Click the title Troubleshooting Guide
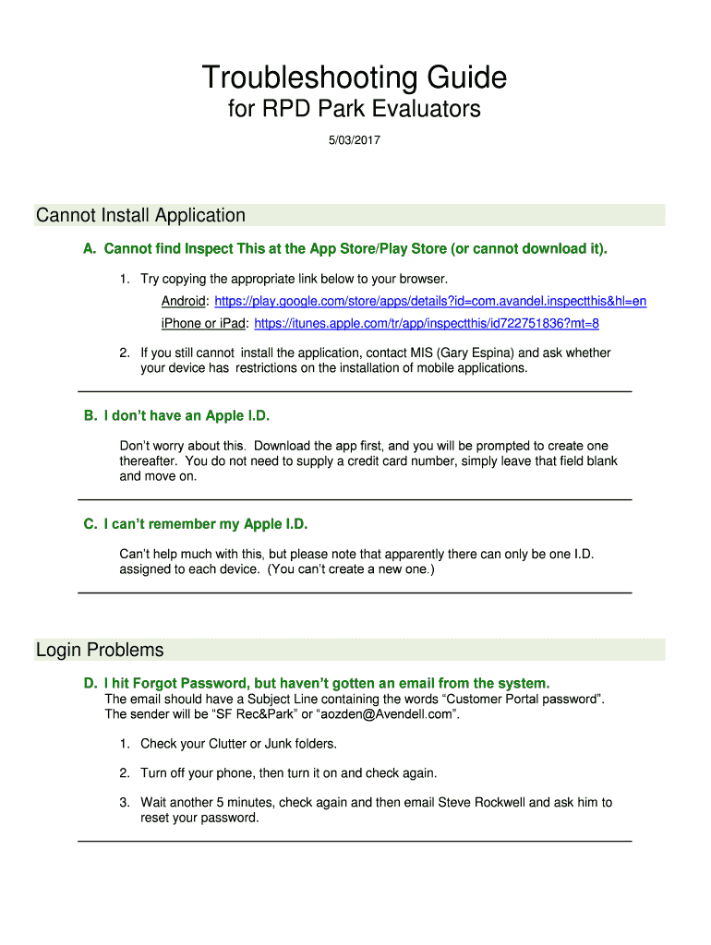(355, 78)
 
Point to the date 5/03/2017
(355, 141)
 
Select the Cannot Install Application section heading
(140, 216)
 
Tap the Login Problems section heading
(100, 651)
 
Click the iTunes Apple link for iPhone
(427, 323)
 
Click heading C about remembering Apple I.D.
(196, 524)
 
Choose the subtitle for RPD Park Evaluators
(355, 110)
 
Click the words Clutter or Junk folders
(261, 744)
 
